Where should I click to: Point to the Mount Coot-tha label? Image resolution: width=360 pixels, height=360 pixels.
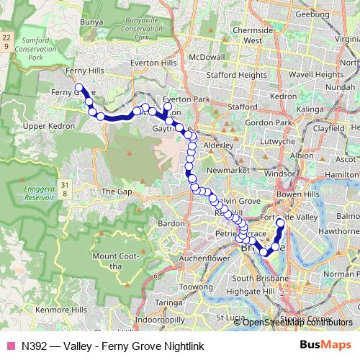tap(108, 261)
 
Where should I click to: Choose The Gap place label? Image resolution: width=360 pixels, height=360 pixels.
tap(114, 192)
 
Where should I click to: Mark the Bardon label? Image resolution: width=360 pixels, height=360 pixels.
tap(171, 224)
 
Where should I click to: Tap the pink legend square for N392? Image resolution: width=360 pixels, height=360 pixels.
tap(11, 345)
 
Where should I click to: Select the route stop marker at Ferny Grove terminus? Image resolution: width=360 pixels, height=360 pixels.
tap(79, 89)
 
